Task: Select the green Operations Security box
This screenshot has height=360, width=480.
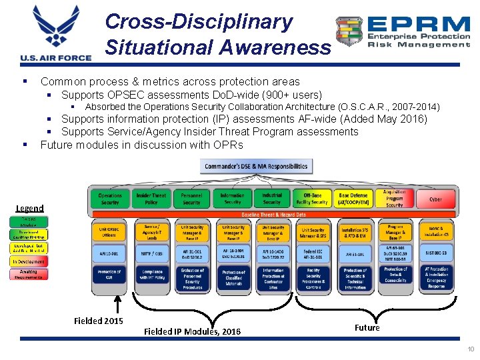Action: pos(110,199)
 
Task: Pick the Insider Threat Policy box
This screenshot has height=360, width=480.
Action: pos(151,199)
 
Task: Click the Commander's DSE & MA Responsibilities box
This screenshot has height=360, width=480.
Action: pos(256,166)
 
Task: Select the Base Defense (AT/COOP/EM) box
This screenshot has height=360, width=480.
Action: pos(353,199)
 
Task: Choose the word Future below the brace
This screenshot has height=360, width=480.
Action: pos(367,327)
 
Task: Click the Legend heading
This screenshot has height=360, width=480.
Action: pos(30,209)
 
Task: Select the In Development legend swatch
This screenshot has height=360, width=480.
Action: pos(28,261)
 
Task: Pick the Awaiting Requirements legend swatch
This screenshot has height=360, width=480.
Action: pos(28,275)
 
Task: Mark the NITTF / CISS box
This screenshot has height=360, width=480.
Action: pos(151,254)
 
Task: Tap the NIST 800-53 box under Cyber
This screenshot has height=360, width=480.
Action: pos(436,254)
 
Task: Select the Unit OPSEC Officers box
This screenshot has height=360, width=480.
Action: pos(109,231)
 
